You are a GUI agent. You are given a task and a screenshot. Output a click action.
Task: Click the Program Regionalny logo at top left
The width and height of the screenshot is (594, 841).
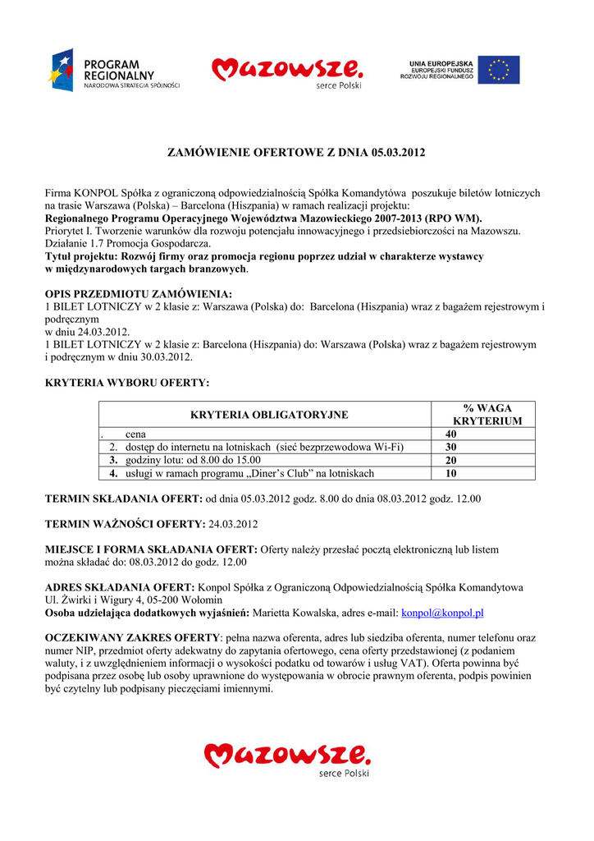click(114, 70)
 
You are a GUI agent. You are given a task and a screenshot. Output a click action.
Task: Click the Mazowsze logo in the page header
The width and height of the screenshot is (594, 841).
click(286, 71)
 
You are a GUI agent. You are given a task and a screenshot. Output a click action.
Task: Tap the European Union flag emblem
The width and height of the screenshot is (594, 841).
click(499, 70)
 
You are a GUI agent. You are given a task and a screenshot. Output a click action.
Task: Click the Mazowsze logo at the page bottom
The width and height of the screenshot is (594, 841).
click(287, 756)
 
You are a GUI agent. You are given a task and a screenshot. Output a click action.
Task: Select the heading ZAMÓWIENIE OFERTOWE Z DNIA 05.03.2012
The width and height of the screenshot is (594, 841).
click(296, 153)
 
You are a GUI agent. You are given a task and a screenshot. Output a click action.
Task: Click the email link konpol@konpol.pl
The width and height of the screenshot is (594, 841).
click(442, 613)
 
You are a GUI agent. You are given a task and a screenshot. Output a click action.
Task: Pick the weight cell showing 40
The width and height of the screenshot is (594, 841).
click(451, 434)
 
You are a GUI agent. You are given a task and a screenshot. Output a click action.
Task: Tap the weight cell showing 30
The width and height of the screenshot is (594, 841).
click(451, 447)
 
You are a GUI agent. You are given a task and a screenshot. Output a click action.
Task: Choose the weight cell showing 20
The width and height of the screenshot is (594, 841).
click(451, 460)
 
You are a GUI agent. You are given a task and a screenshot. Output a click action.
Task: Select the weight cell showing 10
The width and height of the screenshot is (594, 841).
click(451, 473)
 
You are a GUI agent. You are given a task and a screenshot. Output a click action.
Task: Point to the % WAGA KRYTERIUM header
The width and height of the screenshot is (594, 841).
click(487, 415)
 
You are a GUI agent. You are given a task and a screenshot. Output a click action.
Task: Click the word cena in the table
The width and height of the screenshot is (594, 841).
click(135, 434)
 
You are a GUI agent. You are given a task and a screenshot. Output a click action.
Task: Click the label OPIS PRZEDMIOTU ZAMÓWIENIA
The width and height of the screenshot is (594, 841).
click(138, 293)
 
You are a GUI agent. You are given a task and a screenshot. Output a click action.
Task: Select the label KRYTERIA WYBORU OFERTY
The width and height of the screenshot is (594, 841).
click(126, 382)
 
